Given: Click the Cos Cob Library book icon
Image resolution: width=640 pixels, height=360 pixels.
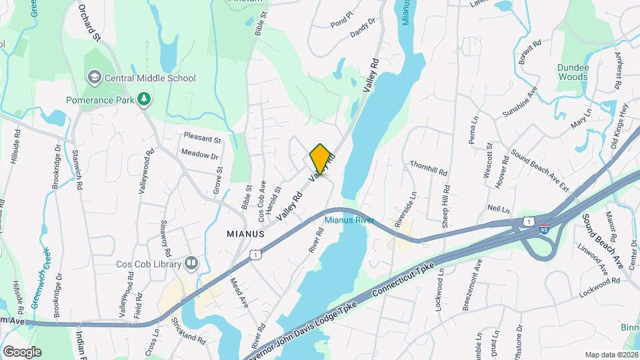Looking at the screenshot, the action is pyautogui.click(x=192, y=263).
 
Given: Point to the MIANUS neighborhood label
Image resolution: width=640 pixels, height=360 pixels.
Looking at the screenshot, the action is pyautogui.click(x=245, y=235).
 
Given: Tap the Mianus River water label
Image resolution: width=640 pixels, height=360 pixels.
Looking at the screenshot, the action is pyautogui.click(x=349, y=221).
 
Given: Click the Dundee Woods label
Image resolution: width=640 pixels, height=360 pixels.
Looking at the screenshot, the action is pyautogui.click(x=573, y=72).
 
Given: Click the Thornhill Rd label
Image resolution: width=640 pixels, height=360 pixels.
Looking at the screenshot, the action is pyautogui.click(x=429, y=168).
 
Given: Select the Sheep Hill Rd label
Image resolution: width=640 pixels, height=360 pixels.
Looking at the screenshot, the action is pyautogui.click(x=445, y=200).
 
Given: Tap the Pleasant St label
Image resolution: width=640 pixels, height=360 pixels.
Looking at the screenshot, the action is pyautogui.click(x=202, y=140).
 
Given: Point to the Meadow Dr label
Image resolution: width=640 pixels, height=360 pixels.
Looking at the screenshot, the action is pyautogui.click(x=200, y=155).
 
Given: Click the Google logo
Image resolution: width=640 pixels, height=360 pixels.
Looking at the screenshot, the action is pyautogui.click(x=22, y=351).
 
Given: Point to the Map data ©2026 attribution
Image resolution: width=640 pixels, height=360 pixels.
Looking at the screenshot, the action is pyautogui.click(x=611, y=355).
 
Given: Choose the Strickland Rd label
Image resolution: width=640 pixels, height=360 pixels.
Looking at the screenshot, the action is pyautogui.click(x=189, y=331).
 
